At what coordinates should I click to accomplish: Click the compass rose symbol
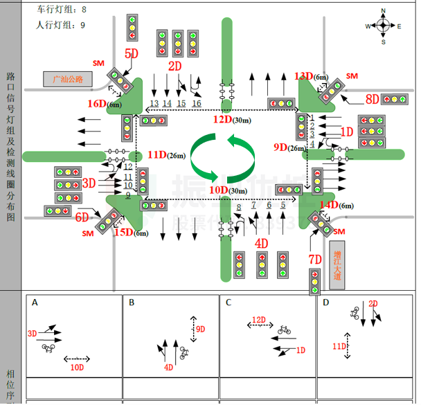click(x=383, y=26)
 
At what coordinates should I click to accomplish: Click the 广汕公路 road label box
click(x=67, y=78)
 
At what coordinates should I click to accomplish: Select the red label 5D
click(x=131, y=54)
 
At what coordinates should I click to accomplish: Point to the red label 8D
click(x=372, y=98)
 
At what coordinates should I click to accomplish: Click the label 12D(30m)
click(x=231, y=119)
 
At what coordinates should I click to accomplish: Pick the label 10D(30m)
click(x=227, y=190)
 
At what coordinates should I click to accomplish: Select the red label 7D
click(x=315, y=259)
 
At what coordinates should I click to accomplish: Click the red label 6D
click(x=82, y=217)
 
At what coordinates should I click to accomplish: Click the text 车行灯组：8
click(x=62, y=10)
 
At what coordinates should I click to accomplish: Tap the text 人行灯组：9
click(x=60, y=25)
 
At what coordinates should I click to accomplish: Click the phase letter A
click(x=35, y=303)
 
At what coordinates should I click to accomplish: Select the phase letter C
click(x=229, y=303)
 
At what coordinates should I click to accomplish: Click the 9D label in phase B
click(x=201, y=329)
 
